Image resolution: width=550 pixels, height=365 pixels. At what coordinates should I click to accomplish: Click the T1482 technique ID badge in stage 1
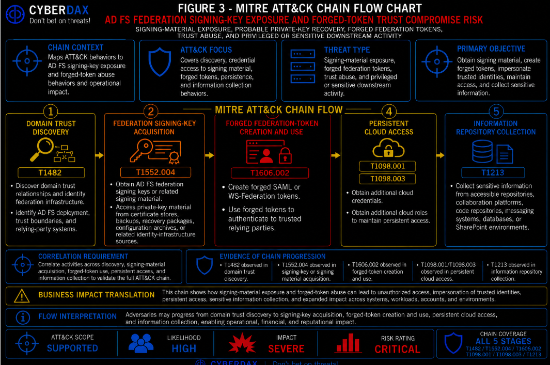[51, 172]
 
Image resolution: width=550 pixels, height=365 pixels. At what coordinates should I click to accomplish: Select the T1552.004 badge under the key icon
[155, 172]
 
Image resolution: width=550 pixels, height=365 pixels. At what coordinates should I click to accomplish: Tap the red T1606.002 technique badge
[270, 173]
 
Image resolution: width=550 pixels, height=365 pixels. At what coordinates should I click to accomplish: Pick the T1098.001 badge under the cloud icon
[388, 166]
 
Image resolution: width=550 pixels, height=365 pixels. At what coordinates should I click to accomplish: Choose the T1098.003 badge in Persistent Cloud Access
[388, 179]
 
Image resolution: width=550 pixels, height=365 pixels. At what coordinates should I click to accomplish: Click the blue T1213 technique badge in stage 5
[493, 172]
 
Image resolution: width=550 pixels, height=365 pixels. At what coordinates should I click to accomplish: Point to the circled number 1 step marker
[51, 112]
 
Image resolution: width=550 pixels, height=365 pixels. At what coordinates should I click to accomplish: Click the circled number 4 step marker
[389, 112]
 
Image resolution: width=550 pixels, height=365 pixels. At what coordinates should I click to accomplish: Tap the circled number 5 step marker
[496, 112]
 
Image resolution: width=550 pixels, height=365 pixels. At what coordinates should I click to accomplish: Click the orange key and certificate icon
[155, 151]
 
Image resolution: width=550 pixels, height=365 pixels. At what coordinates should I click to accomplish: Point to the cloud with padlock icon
[388, 148]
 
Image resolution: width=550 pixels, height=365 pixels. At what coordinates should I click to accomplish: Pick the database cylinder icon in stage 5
[482, 151]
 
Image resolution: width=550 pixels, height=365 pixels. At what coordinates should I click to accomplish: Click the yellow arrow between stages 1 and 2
[100, 155]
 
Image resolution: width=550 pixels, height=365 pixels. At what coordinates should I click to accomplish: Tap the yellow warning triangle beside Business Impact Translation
[22, 296]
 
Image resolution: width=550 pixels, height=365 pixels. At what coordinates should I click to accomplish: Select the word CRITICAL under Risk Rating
[397, 349]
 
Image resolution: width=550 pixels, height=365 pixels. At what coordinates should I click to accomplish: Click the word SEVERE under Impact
[286, 349]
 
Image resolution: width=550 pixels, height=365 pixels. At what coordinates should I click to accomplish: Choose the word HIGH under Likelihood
[184, 348]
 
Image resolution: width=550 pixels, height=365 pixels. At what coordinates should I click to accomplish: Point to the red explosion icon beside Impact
[242, 343]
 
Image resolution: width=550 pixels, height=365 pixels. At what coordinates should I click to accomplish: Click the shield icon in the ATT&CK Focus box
[160, 62]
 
